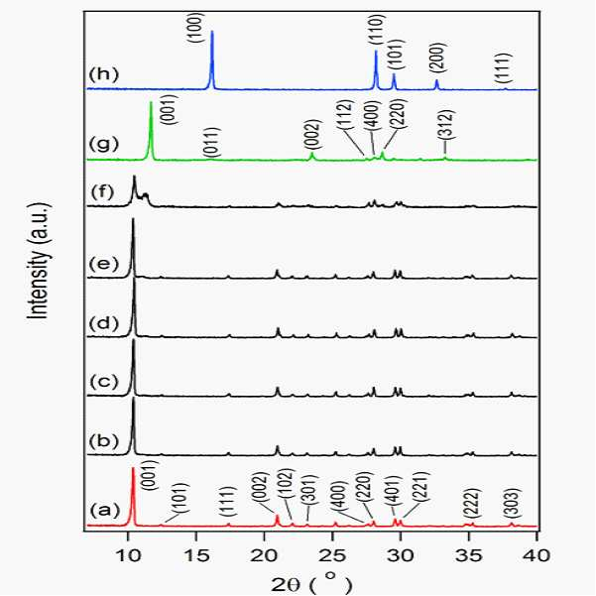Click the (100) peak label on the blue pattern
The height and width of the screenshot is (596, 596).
point(199,28)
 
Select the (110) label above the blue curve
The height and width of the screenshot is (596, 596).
point(376,30)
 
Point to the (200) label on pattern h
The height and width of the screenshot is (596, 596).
point(436,57)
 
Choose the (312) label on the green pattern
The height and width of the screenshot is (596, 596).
point(447,125)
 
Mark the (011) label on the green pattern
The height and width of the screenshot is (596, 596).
point(212,142)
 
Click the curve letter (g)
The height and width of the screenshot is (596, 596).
point(103,144)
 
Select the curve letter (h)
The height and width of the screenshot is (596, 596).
point(103,73)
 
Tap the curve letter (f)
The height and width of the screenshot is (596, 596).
point(102,192)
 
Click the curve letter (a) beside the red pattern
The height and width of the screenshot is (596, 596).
point(104,511)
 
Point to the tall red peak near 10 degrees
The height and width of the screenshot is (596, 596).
point(134,497)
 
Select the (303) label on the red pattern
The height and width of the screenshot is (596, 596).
point(512,503)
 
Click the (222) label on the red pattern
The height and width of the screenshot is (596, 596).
point(473,503)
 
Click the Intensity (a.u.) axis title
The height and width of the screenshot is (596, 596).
point(39,261)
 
